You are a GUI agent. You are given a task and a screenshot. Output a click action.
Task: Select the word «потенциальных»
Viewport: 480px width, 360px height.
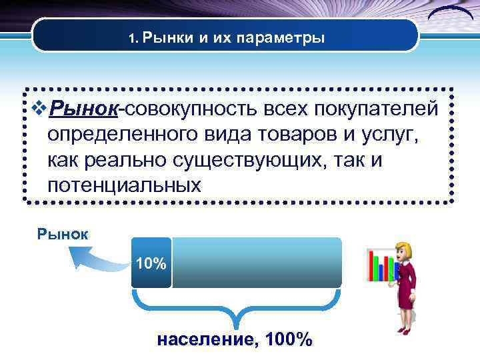124,185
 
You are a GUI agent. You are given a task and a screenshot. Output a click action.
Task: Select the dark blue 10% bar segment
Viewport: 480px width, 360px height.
151,263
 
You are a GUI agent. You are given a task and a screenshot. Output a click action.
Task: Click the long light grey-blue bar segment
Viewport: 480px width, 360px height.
257,263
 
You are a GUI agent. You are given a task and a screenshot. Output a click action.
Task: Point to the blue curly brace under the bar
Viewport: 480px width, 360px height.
237,311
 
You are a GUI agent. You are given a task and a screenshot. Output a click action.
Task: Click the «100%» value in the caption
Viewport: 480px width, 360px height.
288,340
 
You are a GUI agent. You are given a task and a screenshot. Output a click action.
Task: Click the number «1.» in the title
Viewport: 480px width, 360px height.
133,39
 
